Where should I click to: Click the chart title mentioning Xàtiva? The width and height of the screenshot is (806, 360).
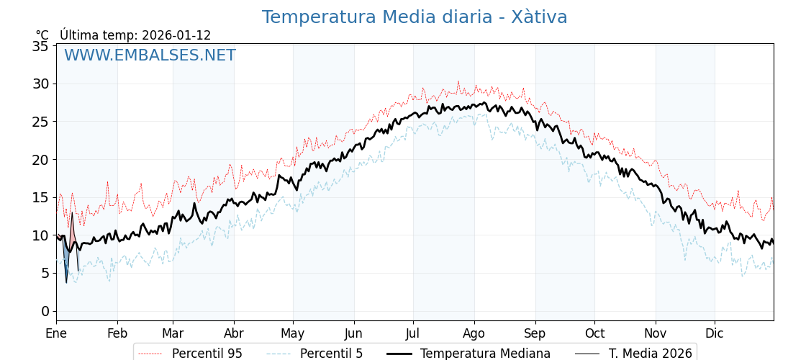tap(415, 17)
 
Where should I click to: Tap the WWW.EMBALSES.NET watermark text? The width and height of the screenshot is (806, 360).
tap(150, 55)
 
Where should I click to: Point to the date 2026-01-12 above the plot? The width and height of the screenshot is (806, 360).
tap(176, 35)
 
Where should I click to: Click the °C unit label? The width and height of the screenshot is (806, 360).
tap(42, 35)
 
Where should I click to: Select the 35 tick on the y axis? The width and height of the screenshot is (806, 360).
tap(41, 46)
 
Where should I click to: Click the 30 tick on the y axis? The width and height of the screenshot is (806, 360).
tap(41, 84)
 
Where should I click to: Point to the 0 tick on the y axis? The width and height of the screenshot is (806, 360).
tap(45, 311)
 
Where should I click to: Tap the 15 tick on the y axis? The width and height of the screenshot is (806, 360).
tap(41, 197)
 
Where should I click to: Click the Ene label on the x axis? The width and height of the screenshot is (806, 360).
tap(56, 333)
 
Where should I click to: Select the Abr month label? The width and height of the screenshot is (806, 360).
tap(234, 333)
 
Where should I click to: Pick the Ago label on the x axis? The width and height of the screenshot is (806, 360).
tap(474, 333)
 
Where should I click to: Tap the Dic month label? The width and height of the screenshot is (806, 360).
tap(715, 333)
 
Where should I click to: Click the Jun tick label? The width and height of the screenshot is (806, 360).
tap(354, 333)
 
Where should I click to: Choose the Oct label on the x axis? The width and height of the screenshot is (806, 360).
tap(594, 333)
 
